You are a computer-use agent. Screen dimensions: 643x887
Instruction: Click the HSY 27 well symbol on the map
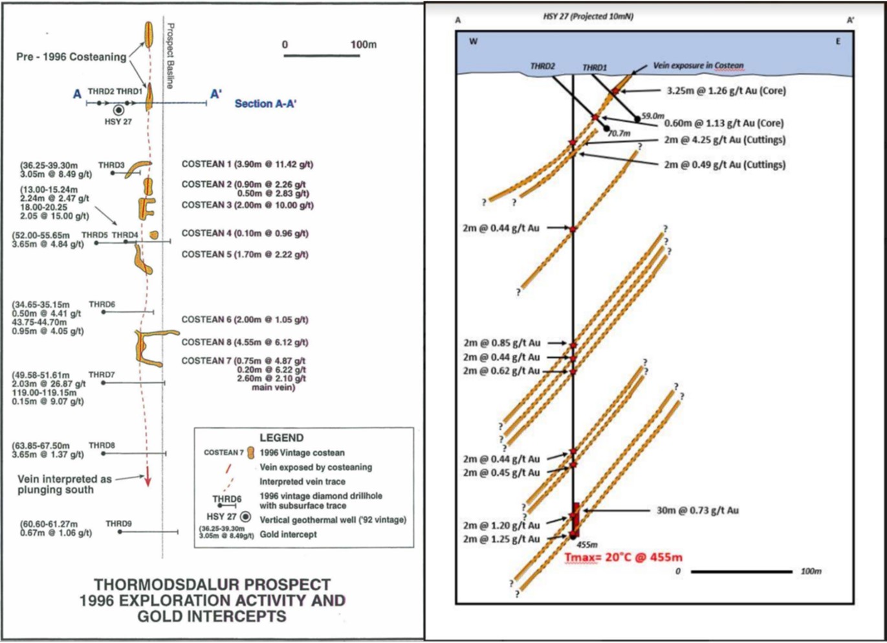(118, 111)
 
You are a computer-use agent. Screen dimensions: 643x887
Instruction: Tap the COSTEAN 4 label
(245, 233)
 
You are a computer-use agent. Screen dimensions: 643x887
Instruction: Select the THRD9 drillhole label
(118, 523)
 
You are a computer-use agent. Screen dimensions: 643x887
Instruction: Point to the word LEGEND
(281, 438)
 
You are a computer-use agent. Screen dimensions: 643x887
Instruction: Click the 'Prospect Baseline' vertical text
(171, 56)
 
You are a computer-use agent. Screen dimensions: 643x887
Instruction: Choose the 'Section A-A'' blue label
(265, 104)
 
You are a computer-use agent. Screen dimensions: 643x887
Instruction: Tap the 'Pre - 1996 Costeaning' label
(71, 57)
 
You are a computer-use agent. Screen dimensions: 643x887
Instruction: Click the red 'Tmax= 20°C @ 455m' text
(623, 557)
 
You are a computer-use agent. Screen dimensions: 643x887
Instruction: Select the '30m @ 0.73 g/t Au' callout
(697, 510)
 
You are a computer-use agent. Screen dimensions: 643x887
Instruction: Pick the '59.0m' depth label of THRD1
(653, 115)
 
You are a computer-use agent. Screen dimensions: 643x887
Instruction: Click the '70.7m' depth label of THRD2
(619, 133)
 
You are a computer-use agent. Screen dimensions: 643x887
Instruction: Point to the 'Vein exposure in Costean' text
(698, 65)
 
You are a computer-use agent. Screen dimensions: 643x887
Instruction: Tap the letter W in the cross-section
(474, 41)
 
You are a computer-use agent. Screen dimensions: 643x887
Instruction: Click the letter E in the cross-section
(838, 41)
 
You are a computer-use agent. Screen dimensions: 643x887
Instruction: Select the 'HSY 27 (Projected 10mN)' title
(588, 17)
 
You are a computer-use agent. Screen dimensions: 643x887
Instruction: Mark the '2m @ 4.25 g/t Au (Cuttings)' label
(725, 140)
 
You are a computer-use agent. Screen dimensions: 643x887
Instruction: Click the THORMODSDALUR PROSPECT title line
(212, 584)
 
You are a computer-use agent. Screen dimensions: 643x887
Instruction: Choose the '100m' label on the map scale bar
(363, 45)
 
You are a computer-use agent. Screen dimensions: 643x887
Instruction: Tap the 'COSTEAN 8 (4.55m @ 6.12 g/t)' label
(245, 342)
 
